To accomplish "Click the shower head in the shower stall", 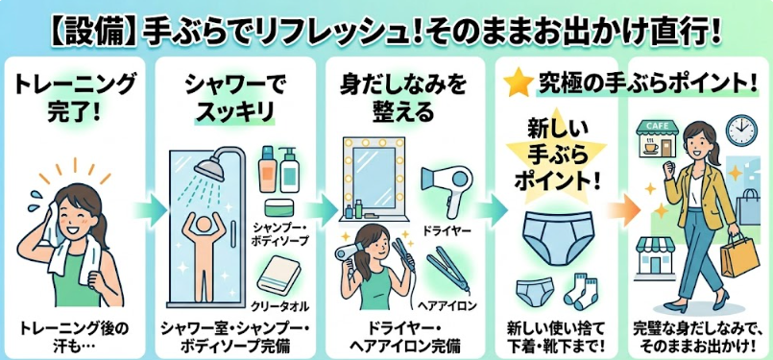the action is point(209,169).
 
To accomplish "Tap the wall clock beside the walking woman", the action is point(741,131).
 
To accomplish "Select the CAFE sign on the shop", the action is point(657,127).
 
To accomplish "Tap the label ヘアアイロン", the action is point(447,306).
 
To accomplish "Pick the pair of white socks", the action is point(580,292).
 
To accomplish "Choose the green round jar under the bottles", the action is point(279,207).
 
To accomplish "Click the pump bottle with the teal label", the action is point(289,170).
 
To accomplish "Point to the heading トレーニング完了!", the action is point(75,98).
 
